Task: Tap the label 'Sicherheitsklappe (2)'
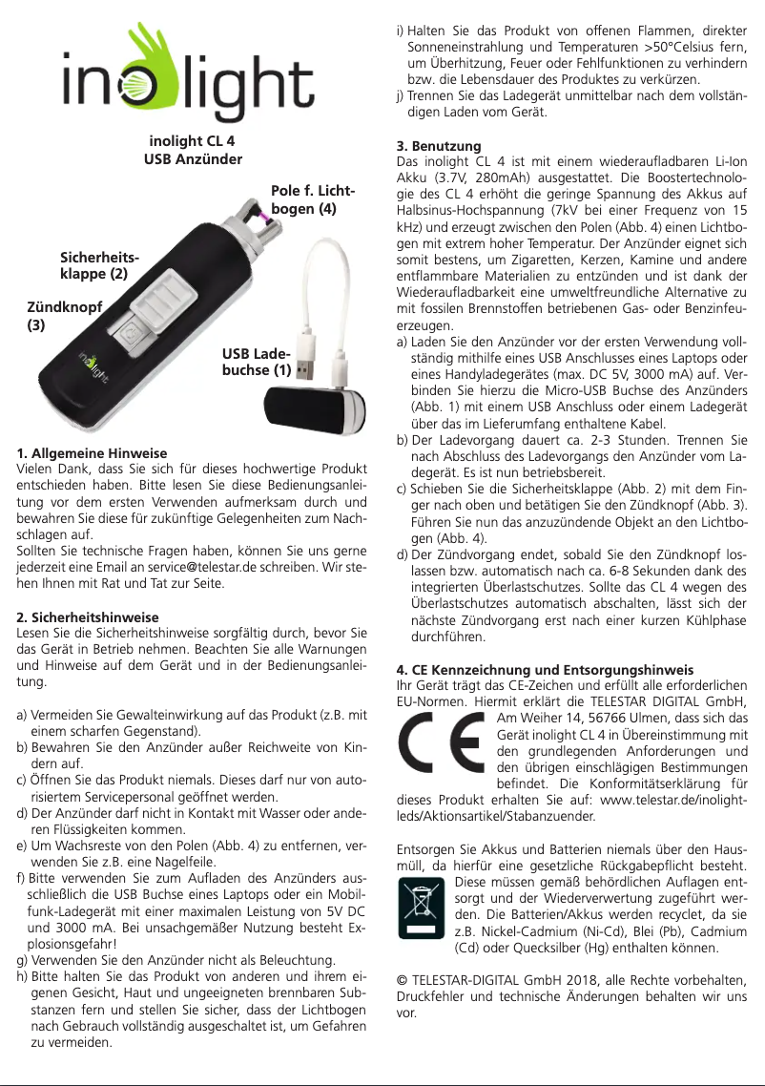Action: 93,265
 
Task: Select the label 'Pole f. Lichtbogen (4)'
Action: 312,198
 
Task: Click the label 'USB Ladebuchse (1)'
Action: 257,364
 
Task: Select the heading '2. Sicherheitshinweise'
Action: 89,617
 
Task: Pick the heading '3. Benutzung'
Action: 438,147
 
